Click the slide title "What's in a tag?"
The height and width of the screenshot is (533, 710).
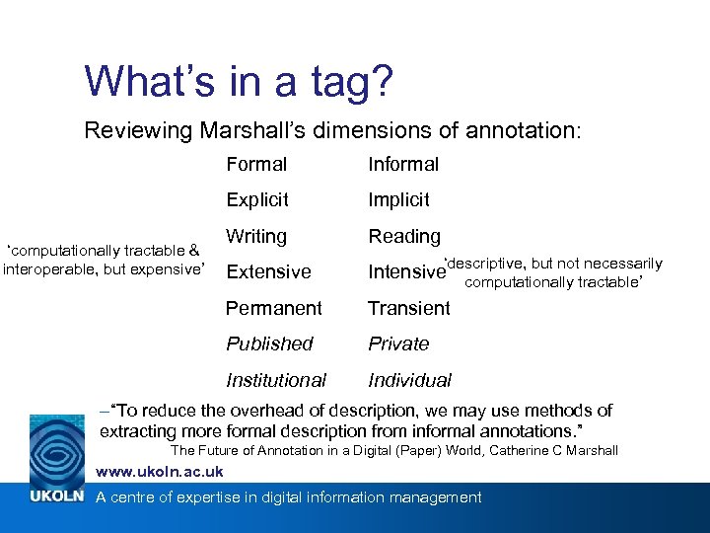[x=240, y=81]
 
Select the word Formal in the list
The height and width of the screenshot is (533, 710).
[x=256, y=165]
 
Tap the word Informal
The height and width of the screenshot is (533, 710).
[x=403, y=165]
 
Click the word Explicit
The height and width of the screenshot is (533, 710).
[x=257, y=200]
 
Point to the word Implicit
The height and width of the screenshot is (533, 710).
[x=398, y=200]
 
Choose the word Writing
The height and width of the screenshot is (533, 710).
[x=256, y=237]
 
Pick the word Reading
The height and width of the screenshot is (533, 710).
[x=404, y=237]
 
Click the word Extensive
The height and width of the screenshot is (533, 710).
[x=268, y=272]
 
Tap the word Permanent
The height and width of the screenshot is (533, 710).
[x=274, y=309]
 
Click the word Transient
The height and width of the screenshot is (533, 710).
[x=409, y=309]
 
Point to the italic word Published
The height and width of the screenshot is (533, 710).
[x=269, y=344]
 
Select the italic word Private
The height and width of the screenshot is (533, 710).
[x=398, y=344]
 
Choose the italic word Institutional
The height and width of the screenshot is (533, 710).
[x=276, y=381]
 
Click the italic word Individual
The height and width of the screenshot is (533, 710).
[x=410, y=381]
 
